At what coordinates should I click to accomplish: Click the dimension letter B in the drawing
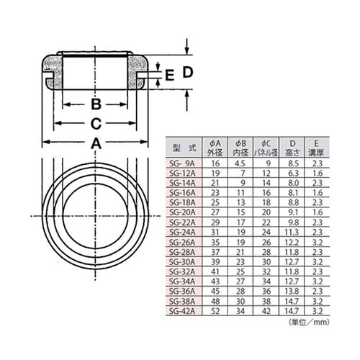pos(96,103)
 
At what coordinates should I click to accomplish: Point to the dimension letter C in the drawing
pos(96,123)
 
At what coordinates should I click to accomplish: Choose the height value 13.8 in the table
pos(292,292)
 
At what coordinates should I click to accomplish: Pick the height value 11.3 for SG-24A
pos(292,233)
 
